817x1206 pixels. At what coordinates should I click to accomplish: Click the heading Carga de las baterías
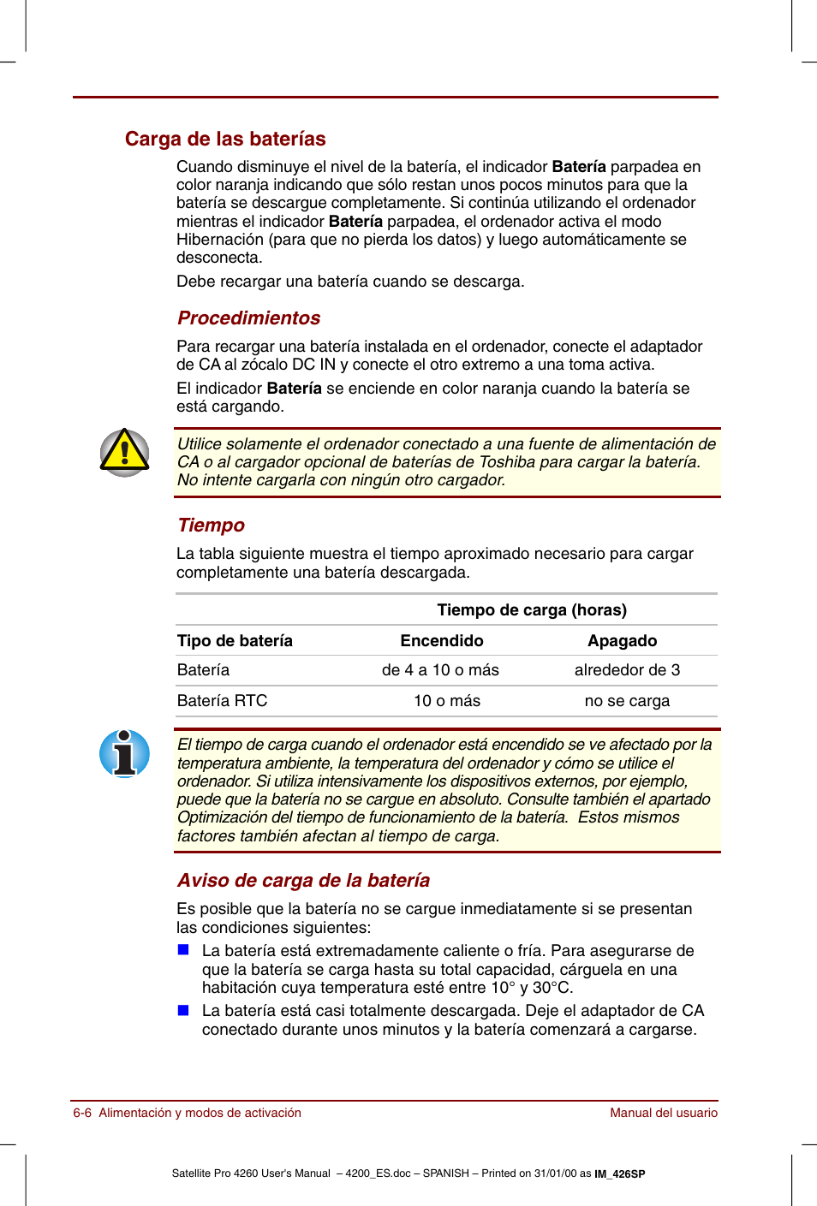click(x=225, y=139)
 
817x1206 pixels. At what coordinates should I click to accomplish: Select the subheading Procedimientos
click(x=248, y=318)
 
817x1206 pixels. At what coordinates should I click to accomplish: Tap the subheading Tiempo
click(x=211, y=525)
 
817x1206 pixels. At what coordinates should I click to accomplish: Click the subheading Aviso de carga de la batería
click(x=303, y=880)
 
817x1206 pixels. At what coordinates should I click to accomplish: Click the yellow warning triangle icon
click(x=124, y=453)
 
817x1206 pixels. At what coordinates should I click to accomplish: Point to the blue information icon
click(x=124, y=753)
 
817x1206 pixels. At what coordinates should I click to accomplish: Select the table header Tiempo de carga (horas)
click(x=531, y=609)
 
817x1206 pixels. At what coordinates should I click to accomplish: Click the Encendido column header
click(x=441, y=640)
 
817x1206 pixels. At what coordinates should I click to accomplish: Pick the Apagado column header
click(x=622, y=640)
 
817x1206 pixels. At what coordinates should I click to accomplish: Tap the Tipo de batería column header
click(x=235, y=640)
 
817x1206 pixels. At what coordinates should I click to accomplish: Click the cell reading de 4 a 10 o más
click(x=440, y=670)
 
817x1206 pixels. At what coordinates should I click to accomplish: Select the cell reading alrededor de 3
click(x=627, y=670)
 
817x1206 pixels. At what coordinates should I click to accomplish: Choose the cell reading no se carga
click(x=627, y=701)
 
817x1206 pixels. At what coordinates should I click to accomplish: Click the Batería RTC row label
click(x=222, y=701)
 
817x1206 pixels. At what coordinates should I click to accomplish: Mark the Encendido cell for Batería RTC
click(x=446, y=701)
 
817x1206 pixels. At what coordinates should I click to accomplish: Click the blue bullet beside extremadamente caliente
click(x=183, y=949)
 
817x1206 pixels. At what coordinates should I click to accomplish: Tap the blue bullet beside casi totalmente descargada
click(x=183, y=1010)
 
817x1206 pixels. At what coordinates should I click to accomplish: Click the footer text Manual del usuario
click(x=663, y=1113)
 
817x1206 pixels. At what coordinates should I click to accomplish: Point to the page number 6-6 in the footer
click(x=82, y=1113)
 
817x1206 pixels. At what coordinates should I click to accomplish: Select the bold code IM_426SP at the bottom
click(x=619, y=1173)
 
